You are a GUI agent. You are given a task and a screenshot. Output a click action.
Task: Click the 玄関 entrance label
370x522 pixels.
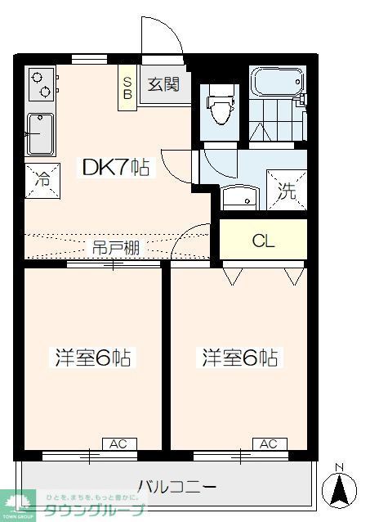163,85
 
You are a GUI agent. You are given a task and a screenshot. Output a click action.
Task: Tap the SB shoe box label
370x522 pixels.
127,85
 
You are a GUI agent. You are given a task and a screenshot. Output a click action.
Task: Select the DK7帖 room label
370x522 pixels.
114,168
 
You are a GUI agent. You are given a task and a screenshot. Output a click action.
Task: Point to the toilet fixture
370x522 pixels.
219,106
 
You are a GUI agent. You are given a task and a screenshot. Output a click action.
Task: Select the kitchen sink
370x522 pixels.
40,133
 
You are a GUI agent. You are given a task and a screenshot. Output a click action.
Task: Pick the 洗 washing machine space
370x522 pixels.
287,192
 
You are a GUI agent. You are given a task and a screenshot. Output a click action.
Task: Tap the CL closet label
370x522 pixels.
262,241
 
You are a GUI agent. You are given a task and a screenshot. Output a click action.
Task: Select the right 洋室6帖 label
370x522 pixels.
239,358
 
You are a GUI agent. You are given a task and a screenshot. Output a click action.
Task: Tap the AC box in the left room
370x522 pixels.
118,443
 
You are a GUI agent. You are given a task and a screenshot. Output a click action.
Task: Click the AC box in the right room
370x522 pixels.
269,443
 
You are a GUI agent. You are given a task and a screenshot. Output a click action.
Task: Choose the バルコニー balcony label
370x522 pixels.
177,487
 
